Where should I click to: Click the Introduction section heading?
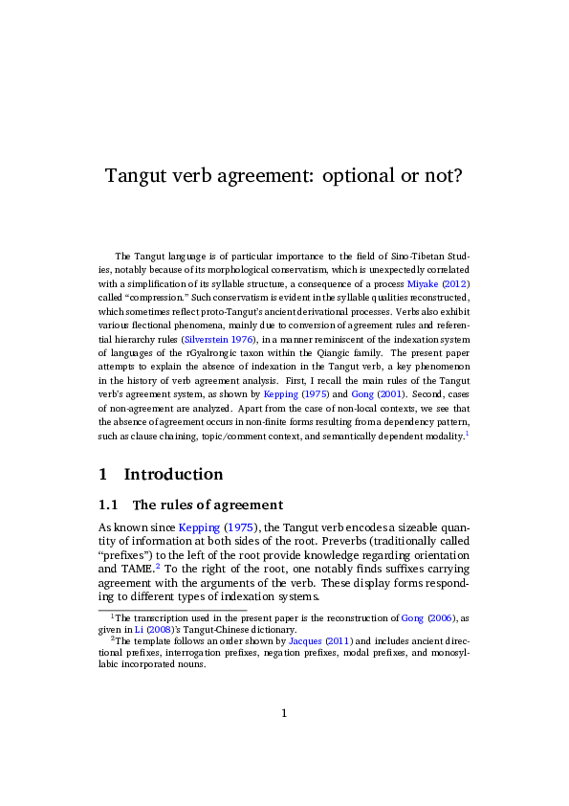point(173,474)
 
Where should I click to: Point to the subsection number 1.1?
point(108,505)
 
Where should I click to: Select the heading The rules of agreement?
point(208,505)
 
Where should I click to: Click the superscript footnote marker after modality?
point(467,434)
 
